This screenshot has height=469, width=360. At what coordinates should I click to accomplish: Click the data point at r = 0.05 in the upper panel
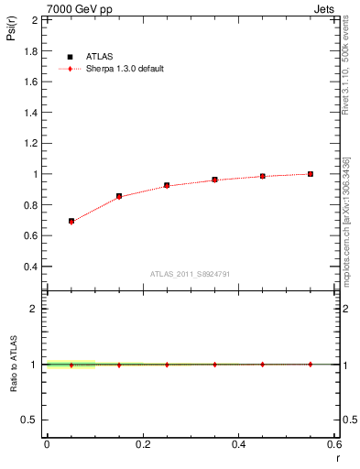coord(71,221)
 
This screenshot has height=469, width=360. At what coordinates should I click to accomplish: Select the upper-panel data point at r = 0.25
coord(167,185)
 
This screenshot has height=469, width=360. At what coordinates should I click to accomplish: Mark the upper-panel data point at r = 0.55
coord(311,174)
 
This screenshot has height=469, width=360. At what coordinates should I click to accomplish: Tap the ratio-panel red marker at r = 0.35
coord(215,365)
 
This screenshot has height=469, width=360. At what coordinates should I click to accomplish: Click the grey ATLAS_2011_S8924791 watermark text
coord(191,273)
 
